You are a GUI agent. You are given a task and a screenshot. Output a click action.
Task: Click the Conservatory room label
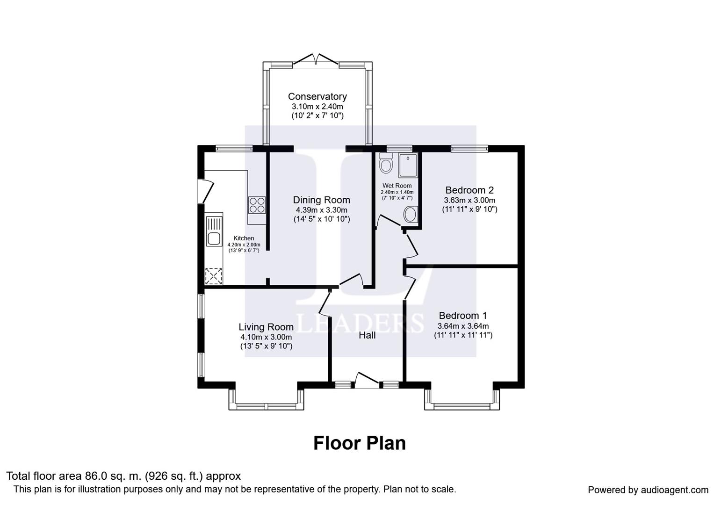317,97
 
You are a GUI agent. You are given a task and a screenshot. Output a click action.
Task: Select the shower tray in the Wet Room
408,166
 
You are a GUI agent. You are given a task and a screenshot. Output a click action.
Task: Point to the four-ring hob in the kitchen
257,205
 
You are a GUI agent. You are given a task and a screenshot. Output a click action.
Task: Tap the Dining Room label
321,200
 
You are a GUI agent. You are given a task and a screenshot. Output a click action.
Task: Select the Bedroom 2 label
469,190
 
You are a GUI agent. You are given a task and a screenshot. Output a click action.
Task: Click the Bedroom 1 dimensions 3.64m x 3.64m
463,326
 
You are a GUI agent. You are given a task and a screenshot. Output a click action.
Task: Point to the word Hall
367,335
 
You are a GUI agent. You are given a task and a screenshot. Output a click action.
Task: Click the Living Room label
266,327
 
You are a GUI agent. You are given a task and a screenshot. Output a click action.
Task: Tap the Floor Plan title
359,443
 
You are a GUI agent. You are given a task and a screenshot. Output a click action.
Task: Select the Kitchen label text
244,238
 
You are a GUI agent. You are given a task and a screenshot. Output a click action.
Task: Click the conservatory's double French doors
316,61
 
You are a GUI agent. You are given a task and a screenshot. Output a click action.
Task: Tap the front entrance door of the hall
367,380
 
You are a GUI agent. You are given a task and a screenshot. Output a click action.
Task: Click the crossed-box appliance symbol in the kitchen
214,276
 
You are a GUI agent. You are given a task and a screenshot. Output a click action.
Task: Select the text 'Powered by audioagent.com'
648,490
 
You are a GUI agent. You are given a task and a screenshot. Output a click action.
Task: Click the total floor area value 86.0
95,476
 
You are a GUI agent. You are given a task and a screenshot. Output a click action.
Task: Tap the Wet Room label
397,186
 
